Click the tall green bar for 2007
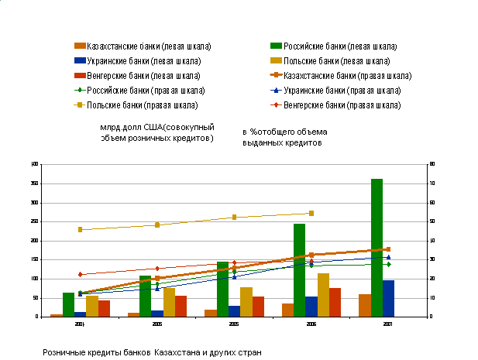click(x=377, y=247)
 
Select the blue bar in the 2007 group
click(x=388, y=298)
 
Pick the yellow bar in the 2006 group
click(x=323, y=294)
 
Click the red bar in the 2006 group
click(x=335, y=302)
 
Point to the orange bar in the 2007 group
click(x=365, y=305)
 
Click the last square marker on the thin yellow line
click(x=311, y=213)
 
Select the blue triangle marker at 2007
click(x=388, y=257)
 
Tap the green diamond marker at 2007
click(x=388, y=264)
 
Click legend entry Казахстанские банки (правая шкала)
click(x=346, y=76)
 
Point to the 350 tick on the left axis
click(x=34, y=183)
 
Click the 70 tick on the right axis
click(x=432, y=183)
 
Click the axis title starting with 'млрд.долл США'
click(x=157, y=132)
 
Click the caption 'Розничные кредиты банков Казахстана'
click(x=153, y=352)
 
